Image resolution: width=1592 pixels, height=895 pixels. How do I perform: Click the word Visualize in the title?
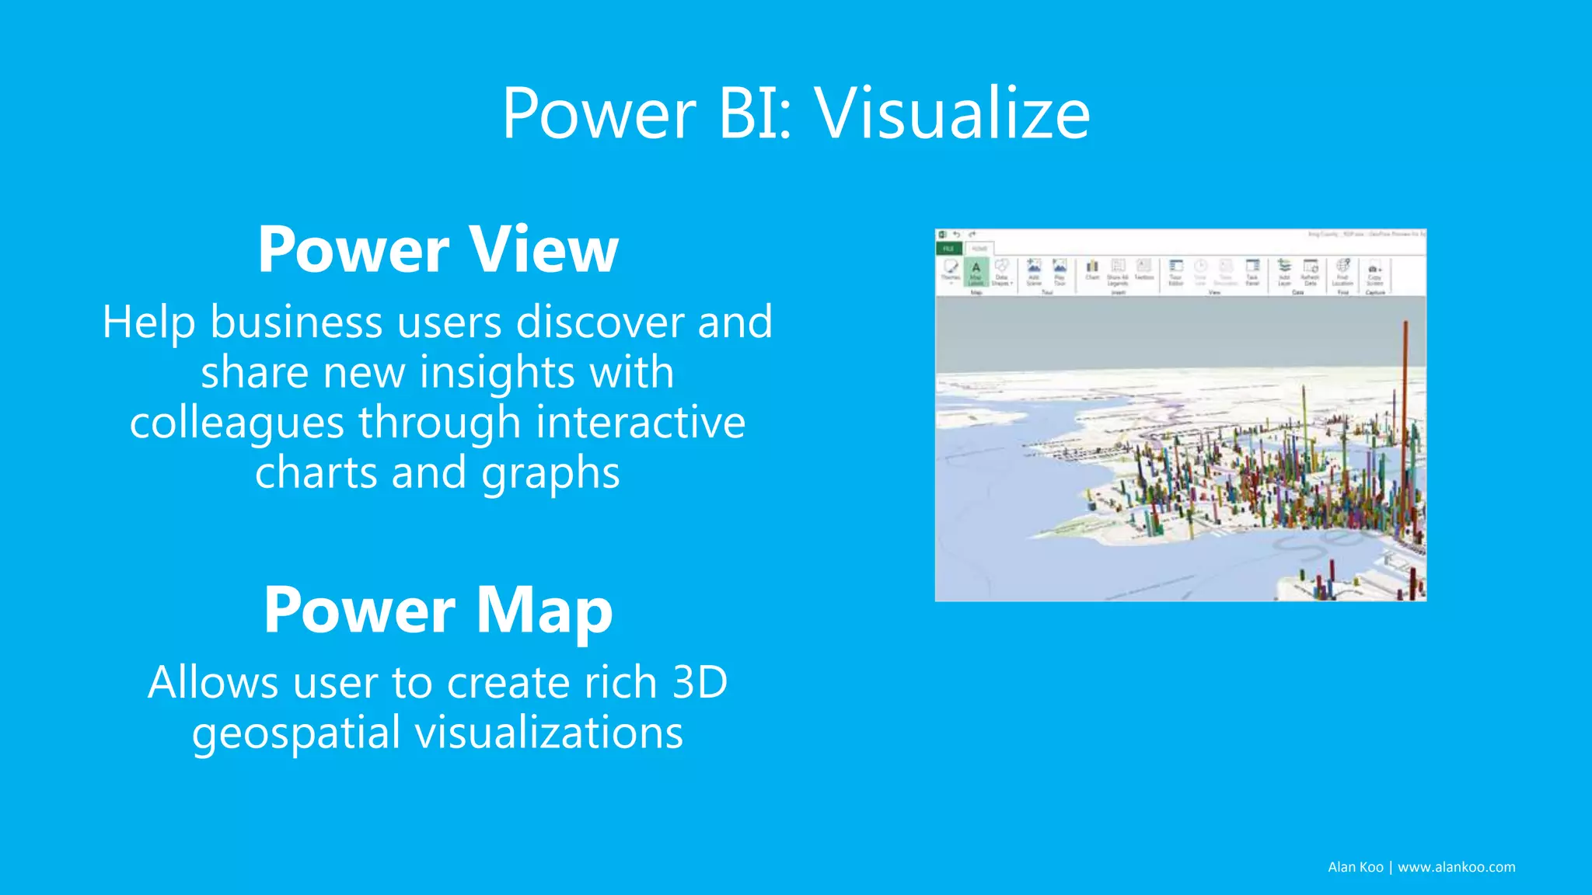coord(952,115)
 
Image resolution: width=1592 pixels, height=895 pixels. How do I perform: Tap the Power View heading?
coord(438,249)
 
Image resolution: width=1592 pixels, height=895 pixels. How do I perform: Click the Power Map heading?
coord(438,611)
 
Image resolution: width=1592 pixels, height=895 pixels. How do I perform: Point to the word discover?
coord(599,322)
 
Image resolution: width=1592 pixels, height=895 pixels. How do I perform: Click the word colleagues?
coord(236,423)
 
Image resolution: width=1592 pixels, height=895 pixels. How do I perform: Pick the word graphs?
coord(550,474)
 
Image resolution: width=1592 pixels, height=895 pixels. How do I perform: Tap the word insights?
coord(497,372)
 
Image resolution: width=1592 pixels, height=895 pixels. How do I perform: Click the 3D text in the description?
coord(699,682)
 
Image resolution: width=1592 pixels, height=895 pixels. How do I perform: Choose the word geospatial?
coord(296,733)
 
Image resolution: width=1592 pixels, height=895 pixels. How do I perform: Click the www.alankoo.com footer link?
coord(1456,867)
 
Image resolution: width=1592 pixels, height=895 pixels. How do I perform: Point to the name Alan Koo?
coord(1355,867)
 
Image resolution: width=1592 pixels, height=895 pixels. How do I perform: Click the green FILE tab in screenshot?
coord(948,249)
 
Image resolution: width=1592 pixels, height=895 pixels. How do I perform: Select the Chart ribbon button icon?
coord(1092,269)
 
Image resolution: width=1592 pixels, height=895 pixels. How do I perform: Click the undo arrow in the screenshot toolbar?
coord(957,235)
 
